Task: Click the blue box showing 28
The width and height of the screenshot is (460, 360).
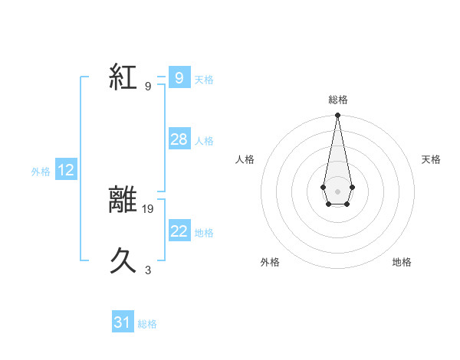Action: (x=179, y=139)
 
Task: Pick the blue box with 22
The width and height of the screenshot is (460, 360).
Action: (x=179, y=231)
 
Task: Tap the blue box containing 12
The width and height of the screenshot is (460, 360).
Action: (x=66, y=171)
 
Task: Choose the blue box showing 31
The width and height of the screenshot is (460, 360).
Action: (x=123, y=322)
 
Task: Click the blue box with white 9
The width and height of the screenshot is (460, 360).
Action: (x=179, y=77)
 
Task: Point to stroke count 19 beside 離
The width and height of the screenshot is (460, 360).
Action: (x=149, y=208)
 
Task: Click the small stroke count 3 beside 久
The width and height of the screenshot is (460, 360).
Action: (x=148, y=270)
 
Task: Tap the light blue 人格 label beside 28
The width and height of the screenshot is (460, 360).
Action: (x=204, y=141)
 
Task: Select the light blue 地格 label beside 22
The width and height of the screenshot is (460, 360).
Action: (x=204, y=233)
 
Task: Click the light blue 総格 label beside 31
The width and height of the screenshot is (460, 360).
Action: (x=147, y=324)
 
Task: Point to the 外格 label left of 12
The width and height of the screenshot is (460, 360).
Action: (x=41, y=172)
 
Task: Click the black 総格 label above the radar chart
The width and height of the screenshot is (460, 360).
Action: (x=337, y=100)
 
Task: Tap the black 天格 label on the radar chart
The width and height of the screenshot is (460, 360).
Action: (x=432, y=159)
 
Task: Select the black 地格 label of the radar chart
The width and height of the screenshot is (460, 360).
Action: (x=402, y=262)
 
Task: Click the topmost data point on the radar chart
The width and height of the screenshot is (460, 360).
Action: (x=337, y=116)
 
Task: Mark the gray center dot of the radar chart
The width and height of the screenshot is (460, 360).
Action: (x=337, y=191)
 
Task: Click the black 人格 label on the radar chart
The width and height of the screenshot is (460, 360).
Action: (x=245, y=159)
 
